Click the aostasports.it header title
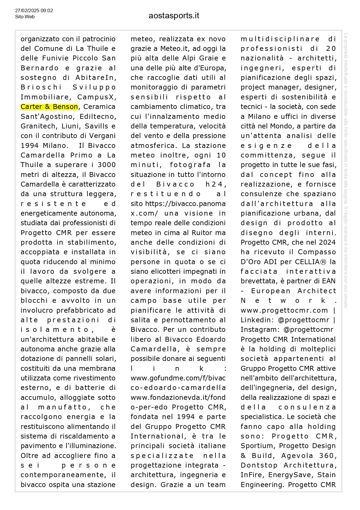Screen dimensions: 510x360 pos(174,16)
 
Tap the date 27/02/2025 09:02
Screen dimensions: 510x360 pos(34,11)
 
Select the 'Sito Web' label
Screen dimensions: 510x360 pos(25,17)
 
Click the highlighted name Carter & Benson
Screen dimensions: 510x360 pos(49,107)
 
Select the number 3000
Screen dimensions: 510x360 pos(107,165)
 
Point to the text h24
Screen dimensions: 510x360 pos(215,185)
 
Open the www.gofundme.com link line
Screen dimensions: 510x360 pos(178,378)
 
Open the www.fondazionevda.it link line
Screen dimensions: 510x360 pos(178,398)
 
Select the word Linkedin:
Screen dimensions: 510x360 pos(257,320)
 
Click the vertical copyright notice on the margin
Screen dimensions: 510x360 pos(345,170)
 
